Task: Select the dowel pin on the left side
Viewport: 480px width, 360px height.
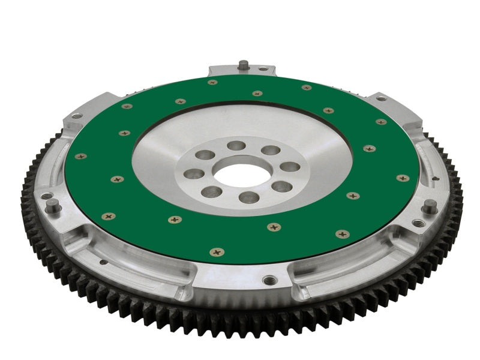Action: [53, 206]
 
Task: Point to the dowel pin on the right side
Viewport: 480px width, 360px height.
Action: [430, 206]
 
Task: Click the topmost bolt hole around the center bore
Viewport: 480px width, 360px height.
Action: [237, 146]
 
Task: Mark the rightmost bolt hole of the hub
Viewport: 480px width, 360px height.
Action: [290, 167]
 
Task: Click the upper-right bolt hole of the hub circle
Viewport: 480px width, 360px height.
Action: [271, 150]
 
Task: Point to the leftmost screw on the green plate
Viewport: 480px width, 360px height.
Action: [80, 156]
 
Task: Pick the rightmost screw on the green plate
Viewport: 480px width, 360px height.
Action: [403, 178]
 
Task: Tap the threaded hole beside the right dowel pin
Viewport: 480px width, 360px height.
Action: [418, 223]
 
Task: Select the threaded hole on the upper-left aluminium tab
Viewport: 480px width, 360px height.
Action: [76, 116]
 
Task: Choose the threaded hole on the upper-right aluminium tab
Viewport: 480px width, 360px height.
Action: [380, 99]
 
